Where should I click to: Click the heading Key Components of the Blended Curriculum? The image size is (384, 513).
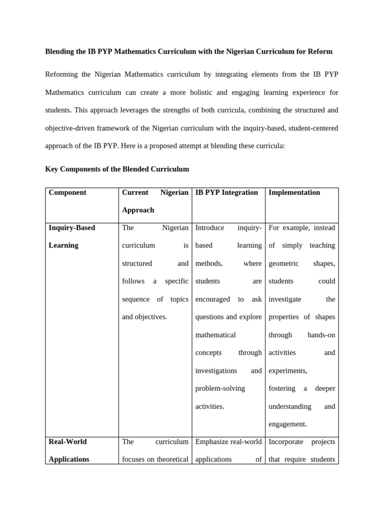coord(117,169)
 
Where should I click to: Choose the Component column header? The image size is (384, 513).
coord(67,192)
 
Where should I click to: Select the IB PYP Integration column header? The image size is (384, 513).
coord(226,192)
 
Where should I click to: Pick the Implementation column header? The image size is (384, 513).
coord(294,192)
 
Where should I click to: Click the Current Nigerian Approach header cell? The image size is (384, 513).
coord(155,201)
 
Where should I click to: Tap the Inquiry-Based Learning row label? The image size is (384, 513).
coord(71,236)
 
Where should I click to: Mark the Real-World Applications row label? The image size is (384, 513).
coord(69,450)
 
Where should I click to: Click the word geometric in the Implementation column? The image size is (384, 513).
coord(283,264)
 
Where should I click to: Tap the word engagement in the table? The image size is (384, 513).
coord(287,424)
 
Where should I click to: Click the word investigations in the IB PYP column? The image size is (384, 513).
coord(216,371)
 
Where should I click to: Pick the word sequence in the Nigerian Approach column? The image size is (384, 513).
coord(135,299)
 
